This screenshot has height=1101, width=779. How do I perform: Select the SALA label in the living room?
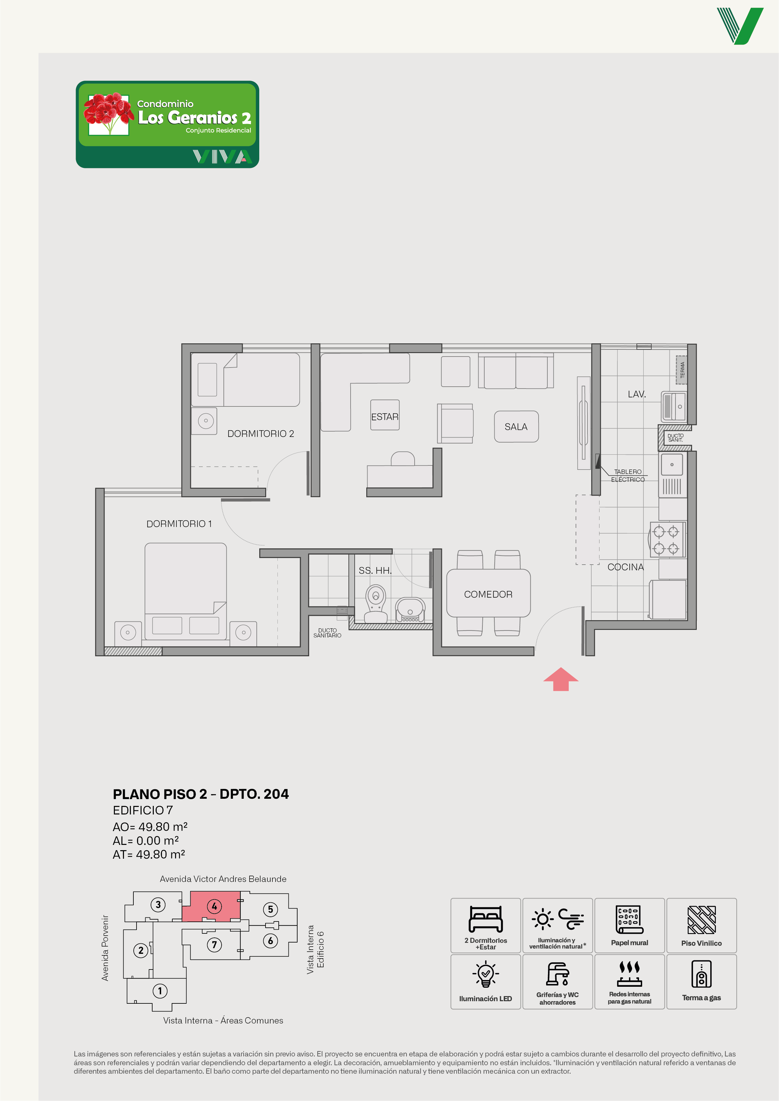point(516,427)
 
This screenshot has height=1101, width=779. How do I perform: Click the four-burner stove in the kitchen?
point(667,540)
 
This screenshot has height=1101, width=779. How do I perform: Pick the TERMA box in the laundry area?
point(682,370)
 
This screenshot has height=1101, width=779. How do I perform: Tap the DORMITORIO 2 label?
point(261,433)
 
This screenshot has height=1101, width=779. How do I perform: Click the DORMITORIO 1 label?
point(179,524)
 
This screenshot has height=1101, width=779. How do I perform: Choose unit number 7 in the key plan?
point(214,945)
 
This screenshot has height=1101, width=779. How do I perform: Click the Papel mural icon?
point(629,920)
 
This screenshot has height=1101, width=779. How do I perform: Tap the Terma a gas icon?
point(701,974)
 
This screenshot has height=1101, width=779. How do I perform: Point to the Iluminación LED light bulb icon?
point(486,974)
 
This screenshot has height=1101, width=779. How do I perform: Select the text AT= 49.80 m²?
point(149,854)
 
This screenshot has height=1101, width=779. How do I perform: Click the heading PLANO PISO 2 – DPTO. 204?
point(201,794)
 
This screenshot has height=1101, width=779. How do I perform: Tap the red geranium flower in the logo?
point(108,113)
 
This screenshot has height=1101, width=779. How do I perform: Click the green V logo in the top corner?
point(740,26)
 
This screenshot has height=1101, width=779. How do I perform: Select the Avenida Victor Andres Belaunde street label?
point(223,879)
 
